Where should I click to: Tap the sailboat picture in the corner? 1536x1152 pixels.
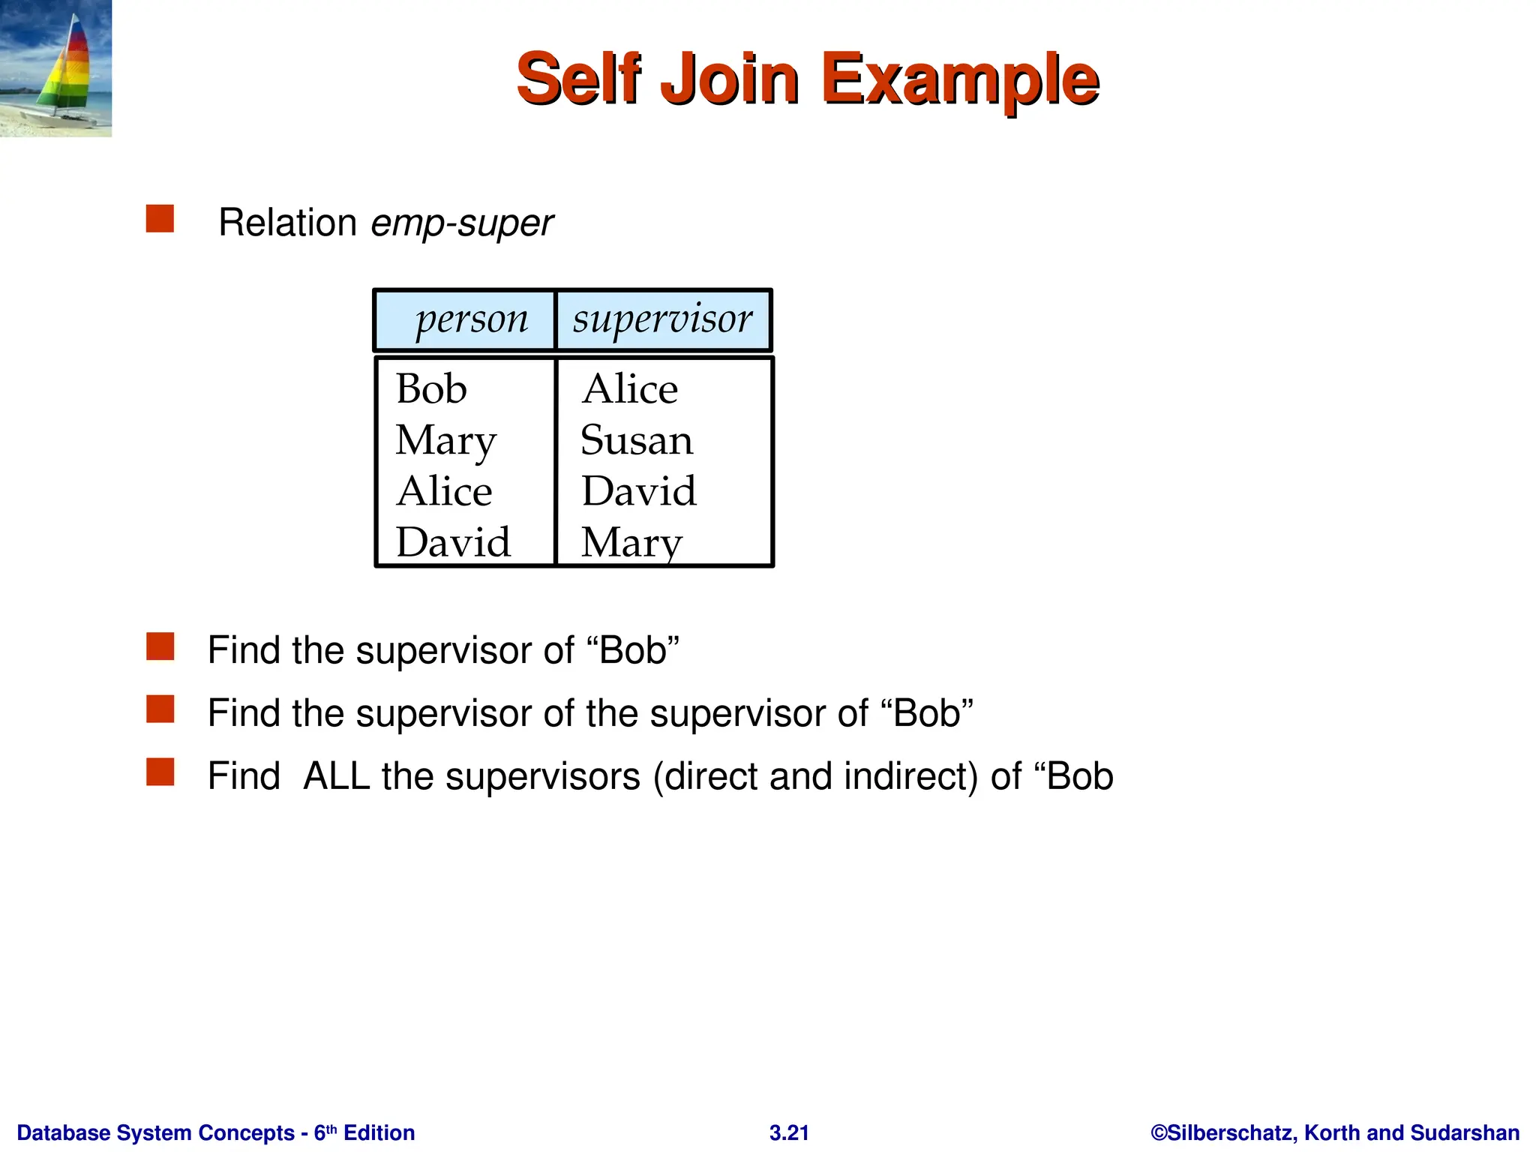55,68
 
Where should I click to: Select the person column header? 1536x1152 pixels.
472,319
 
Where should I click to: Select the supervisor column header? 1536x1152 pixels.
662,319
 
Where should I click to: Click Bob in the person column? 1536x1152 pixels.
431,388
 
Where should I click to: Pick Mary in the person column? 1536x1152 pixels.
445,440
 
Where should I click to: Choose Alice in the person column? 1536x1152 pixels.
444,491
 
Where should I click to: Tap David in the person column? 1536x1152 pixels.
453,541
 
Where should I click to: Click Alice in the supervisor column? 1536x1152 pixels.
629,388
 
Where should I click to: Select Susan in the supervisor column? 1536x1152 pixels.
636,440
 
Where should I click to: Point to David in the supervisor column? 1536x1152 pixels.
639,491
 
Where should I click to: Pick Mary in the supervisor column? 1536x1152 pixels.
631,541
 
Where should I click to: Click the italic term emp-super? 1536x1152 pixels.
462,223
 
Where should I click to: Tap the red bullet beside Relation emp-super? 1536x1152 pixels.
160,219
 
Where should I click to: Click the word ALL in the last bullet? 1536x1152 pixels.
336,776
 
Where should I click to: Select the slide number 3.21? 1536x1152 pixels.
789,1132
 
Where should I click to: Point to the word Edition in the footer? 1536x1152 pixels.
379,1132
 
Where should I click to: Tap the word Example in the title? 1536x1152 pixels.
960,79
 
